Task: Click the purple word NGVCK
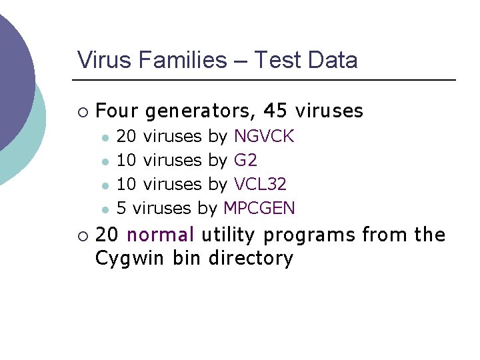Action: [264, 137]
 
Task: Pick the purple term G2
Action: [245, 161]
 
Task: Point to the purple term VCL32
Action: [262, 184]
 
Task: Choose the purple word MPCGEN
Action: [259, 208]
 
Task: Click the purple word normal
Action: [160, 235]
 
